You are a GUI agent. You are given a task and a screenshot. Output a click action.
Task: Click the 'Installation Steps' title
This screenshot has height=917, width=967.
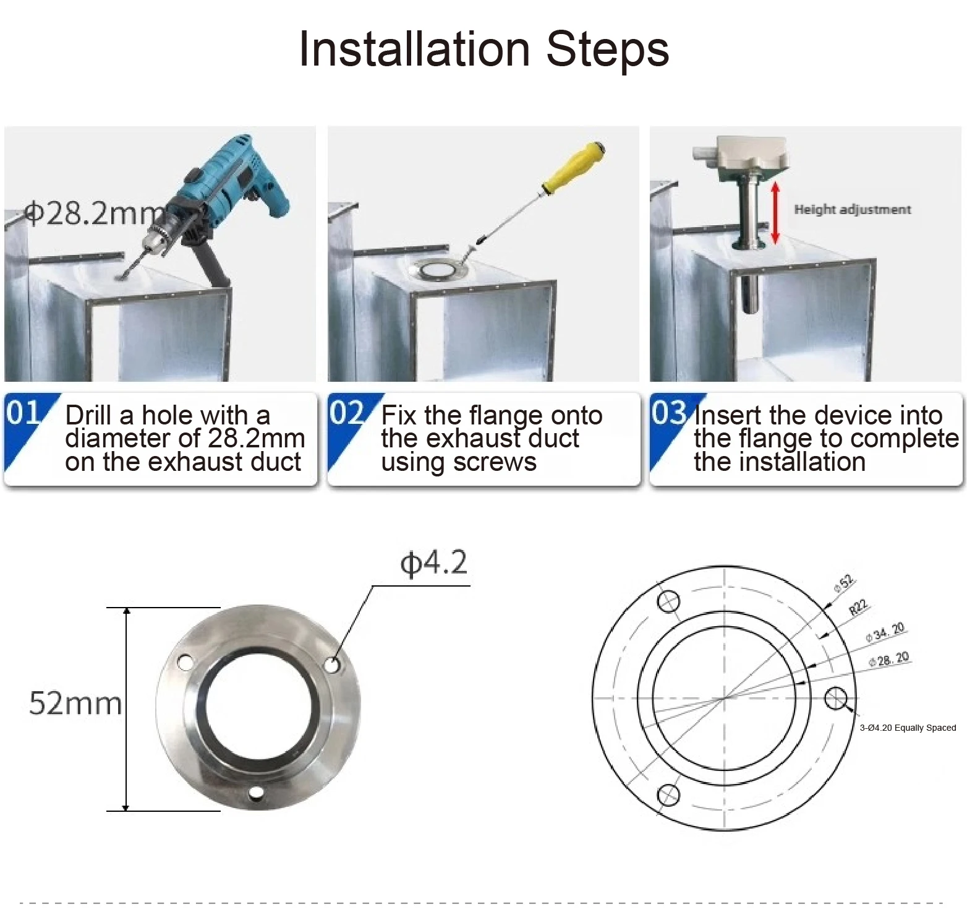[483, 50]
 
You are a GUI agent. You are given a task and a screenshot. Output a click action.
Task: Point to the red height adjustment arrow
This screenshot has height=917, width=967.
[775, 212]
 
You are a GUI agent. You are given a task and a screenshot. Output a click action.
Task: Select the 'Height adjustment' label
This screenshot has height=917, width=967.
[852, 210]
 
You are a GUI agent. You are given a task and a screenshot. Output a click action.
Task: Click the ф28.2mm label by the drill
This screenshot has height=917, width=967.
[93, 213]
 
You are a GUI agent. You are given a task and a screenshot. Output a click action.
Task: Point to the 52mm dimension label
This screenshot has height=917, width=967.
[75, 704]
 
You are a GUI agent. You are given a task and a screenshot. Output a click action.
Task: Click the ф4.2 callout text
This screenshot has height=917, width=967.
[434, 563]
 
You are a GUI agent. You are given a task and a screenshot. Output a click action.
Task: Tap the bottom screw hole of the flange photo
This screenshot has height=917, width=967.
[256, 793]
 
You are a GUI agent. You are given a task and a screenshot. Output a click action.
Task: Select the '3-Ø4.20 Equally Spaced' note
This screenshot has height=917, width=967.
[908, 728]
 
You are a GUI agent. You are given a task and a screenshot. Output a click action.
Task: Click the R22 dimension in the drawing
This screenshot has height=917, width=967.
[859, 608]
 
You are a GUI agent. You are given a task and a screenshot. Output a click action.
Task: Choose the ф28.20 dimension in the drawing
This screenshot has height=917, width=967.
[889, 659]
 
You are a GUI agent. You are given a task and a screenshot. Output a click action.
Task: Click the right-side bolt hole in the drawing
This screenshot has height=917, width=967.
[836, 699]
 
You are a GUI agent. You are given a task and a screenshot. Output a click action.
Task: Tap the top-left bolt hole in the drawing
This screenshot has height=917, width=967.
[668, 601]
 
